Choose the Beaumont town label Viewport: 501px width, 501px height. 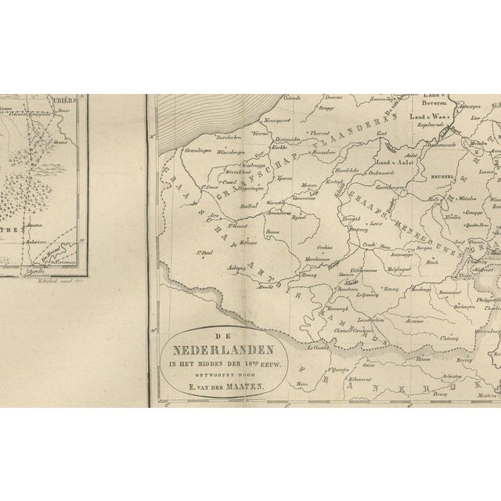point(449,292)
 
